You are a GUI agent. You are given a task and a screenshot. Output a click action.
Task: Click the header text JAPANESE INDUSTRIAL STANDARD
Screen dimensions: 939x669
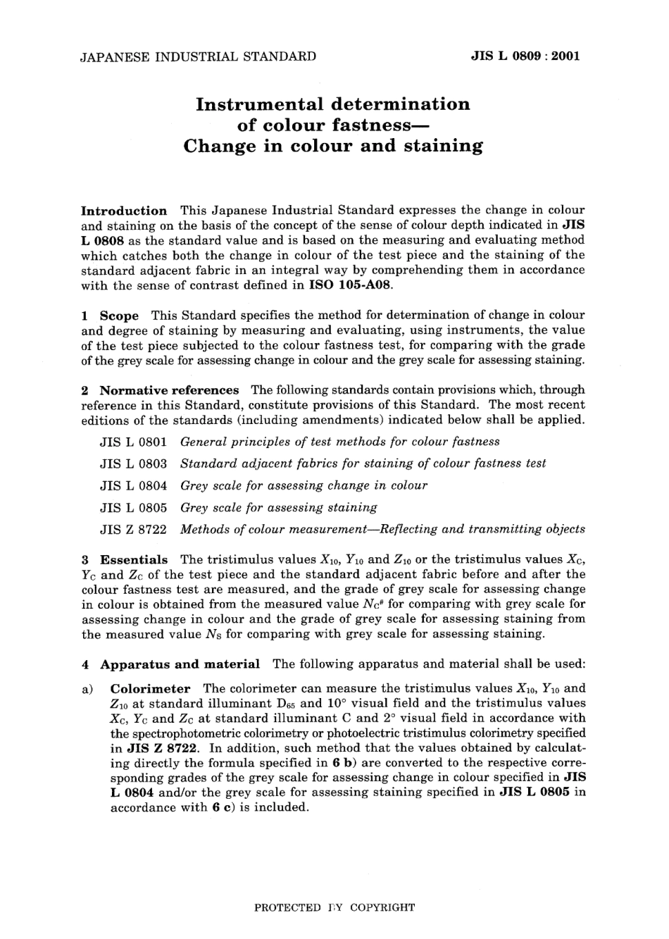(199, 56)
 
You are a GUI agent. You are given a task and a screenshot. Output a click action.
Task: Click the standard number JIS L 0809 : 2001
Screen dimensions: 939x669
(525, 56)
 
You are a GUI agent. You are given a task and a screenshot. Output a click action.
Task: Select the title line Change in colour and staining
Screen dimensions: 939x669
(332, 147)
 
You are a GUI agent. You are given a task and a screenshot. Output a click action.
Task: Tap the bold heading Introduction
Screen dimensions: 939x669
(124, 211)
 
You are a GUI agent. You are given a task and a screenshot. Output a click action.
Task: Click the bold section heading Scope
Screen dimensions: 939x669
(119, 316)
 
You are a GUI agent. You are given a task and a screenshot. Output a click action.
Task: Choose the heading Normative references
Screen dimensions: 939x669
(169, 390)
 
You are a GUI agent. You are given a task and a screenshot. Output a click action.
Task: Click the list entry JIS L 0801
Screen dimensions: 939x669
(134, 442)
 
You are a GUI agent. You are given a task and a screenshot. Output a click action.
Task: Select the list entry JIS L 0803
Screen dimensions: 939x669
(134, 464)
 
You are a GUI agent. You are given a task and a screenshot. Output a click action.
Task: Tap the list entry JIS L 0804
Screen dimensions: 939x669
(134, 485)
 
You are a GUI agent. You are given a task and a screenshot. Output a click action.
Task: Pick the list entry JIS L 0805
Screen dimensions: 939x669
(134, 507)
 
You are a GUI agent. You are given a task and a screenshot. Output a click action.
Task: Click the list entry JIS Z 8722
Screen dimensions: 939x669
(134, 529)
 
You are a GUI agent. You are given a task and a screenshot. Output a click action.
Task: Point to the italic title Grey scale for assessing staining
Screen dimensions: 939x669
(279, 507)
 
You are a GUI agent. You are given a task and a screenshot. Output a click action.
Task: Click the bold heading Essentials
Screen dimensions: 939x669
(134, 560)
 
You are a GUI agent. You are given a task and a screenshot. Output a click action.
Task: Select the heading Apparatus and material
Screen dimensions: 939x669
(180, 664)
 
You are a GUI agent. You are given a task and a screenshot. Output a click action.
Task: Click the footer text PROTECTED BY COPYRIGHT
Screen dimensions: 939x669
(334, 907)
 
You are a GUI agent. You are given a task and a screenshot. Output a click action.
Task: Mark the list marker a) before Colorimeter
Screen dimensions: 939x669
(87, 689)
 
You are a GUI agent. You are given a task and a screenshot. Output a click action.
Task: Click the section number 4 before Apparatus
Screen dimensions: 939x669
(85, 664)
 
